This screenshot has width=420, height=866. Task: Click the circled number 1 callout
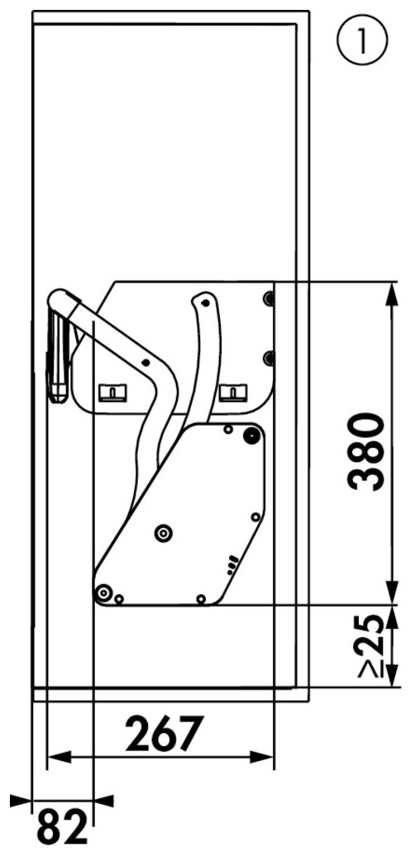pos(362,41)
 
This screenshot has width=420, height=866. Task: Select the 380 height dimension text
pos(366,452)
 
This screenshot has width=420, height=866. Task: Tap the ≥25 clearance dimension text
pos(371,645)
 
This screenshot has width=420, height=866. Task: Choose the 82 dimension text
pos(63,827)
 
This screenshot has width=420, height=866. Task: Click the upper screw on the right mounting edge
pos(268,299)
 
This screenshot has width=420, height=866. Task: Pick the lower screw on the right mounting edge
pos(268,358)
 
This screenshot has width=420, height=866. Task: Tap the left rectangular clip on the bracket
pos(112,393)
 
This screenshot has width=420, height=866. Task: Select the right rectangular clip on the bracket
pos(234,393)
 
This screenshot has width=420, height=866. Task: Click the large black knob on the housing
pos(252,435)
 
